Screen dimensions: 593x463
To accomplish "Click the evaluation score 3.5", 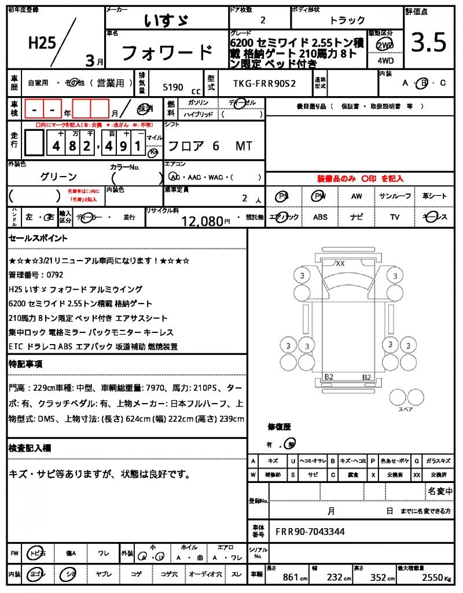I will pyautogui.click(x=428, y=42).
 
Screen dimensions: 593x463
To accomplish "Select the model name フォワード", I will pyautogui.click(x=167, y=53).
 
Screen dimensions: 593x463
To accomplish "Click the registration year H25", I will pyautogui.click(x=41, y=43).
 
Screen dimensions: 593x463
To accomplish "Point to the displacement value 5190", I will pyautogui.click(x=173, y=87).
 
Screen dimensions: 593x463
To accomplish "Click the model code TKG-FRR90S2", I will pyautogui.click(x=264, y=83).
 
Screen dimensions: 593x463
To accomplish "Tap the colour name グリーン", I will pyautogui.click(x=58, y=176).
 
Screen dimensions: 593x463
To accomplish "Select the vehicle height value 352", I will pyautogui.click(x=380, y=577).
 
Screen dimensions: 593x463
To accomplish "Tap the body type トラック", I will pyautogui.click(x=347, y=20).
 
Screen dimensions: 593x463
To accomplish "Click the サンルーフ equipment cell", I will pyautogui.click(x=395, y=196).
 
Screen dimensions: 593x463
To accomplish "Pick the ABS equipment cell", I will pyautogui.click(x=320, y=217).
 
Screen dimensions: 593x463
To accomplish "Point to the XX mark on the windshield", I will pyautogui.click(x=340, y=263).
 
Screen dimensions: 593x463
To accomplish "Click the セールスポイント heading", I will pyautogui.click(x=38, y=238).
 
